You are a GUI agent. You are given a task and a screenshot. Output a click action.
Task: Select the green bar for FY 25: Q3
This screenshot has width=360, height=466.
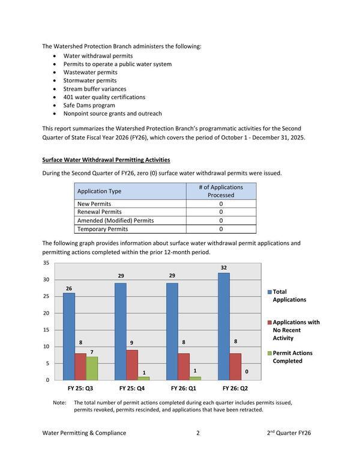pyautogui.click(x=92, y=368)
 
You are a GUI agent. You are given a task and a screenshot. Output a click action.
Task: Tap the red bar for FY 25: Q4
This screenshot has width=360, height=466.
pyautogui.click(x=132, y=365)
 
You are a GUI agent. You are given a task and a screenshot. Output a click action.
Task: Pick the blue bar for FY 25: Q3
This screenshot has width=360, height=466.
pyautogui.click(x=69, y=336)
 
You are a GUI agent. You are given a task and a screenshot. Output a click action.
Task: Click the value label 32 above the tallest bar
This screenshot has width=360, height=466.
pyautogui.click(x=223, y=267)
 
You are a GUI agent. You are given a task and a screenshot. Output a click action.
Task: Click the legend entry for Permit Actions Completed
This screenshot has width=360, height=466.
pyautogui.click(x=292, y=357)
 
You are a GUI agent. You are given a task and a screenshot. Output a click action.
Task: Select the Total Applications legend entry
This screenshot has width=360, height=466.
pyautogui.click(x=289, y=295)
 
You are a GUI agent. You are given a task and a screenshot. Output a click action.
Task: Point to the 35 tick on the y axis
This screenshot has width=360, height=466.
pyautogui.click(x=46, y=263)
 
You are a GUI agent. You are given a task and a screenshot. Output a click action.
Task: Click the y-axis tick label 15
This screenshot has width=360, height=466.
pyautogui.click(x=46, y=330)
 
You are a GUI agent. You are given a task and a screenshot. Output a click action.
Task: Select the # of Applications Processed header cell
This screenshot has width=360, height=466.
pyautogui.click(x=221, y=191)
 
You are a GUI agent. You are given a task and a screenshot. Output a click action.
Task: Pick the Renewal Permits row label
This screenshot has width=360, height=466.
pyautogui.click(x=100, y=212)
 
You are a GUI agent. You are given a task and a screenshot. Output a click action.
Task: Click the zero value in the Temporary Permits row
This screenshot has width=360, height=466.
pyautogui.click(x=221, y=229)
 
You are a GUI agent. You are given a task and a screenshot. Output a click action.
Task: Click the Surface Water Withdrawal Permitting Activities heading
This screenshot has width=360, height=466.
pyautogui.click(x=106, y=160)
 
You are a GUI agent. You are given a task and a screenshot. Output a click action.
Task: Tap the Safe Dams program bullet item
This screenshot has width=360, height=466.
pyautogui.click(x=89, y=105)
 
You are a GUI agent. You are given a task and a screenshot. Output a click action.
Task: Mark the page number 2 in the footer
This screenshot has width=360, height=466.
pyautogui.click(x=198, y=432)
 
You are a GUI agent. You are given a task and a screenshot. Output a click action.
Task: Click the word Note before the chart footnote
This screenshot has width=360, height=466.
pyautogui.click(x=59, y=402)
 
